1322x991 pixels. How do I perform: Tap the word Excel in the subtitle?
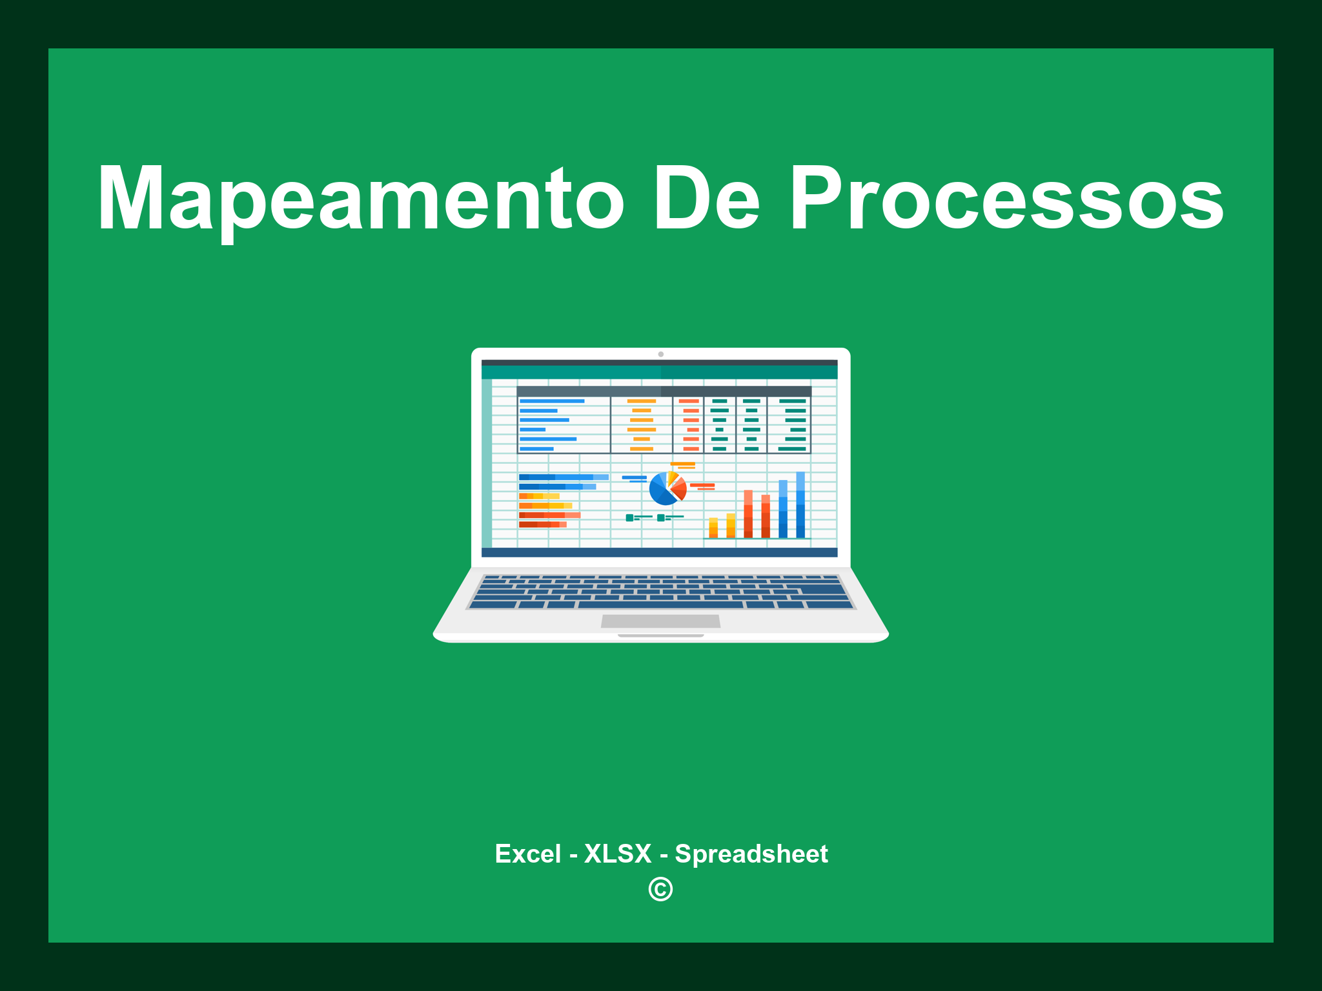[527, 854]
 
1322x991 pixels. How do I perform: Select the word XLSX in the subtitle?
[618, 854]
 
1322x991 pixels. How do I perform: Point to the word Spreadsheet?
[751, 854]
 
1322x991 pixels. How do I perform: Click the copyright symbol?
[660, 889]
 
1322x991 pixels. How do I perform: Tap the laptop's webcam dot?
[660, 354]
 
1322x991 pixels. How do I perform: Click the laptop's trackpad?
[660, 621]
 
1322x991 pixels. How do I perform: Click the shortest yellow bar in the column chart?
[713, 527]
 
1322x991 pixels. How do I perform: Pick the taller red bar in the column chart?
[748, 514]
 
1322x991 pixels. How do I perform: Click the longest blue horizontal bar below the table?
[563, 477]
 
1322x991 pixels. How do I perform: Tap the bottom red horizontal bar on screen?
[542, 525]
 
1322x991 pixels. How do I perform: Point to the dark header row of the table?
[664, 391]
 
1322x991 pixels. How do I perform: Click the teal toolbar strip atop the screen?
[659, 372]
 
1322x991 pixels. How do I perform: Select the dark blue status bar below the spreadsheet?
[659, 552]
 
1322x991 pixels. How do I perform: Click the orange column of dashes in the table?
[641, 425]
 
